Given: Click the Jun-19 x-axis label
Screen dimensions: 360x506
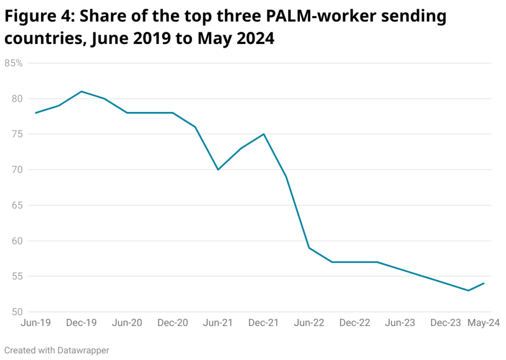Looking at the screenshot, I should pyautogui.click(x=36, y=323).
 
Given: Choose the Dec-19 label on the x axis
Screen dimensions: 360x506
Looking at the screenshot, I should pyautogui.click(x=82, y=323).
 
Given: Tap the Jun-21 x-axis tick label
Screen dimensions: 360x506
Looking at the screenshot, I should pyautogui.click(x=218, y=323).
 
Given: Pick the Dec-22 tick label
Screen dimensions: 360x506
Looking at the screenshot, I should pyautogui.click(x=355, y=323).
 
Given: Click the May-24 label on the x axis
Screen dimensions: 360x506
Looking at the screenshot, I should pyautogui.click(x=484, y=323).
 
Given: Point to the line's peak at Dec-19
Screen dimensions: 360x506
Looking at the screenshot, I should pyautogui.click(x=82, y=91).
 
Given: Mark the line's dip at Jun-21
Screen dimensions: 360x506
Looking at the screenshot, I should pyautogui.click(x=218, y=169).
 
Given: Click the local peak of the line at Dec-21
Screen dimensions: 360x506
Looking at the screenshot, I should pyautogui.click(x=264, y=134).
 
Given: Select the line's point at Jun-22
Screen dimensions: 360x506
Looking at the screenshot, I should pyautogui.click(x=309, y=248).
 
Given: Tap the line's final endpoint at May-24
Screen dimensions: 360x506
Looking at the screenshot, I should pyautogui.click(x=484, y=283).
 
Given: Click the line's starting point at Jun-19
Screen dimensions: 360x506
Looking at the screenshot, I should pyautogui.click(x=36, y=113).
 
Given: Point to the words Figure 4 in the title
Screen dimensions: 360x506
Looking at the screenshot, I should pyautogui.click(x=37, y=17).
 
